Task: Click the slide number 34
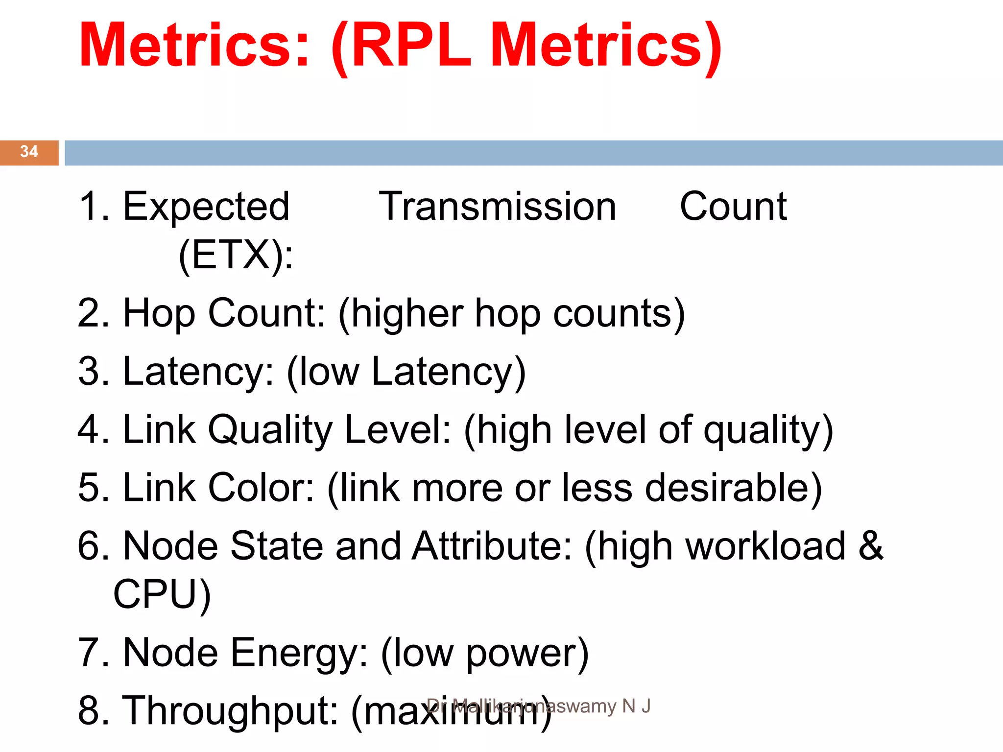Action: click(29, 151)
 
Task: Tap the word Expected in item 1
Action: click(206, 207)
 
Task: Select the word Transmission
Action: click(497, 207)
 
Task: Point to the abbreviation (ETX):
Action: click(236, 255)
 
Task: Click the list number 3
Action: click(90, 372)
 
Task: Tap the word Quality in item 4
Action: click(270, 430)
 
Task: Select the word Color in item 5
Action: click(261, 488)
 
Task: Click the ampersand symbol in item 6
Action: click(871, 546)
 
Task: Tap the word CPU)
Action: click(162, 594)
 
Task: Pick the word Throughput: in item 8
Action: click(230, 711)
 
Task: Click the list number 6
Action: click(90, 546)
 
